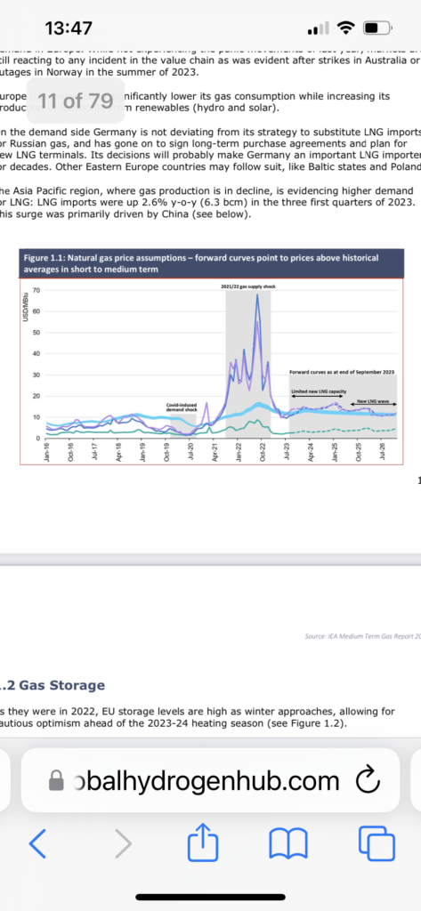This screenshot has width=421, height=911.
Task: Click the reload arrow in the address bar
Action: (367, 780)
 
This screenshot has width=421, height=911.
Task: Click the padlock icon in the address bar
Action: (56, 781)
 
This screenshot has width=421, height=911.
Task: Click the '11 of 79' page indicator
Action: (76, 100)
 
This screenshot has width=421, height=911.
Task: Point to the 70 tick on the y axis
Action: (36, 291)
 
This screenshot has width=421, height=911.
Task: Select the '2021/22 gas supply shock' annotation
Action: (247, 287)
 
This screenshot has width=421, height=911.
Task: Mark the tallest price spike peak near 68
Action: (257, 296)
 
